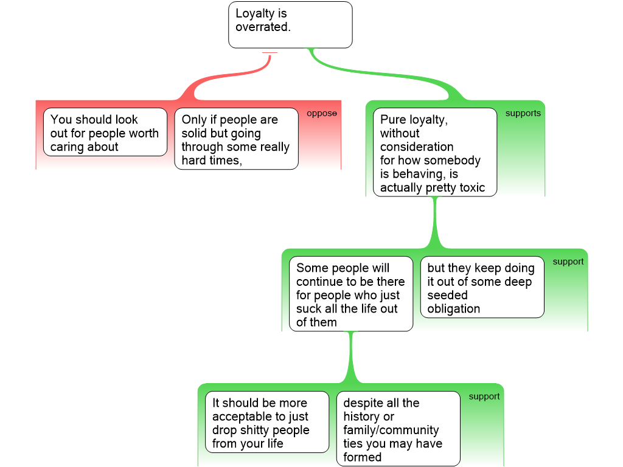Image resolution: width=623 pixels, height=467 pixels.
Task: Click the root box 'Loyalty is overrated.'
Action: (x=290, y=24)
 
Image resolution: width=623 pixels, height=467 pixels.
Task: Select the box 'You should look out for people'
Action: (x=105, y=132)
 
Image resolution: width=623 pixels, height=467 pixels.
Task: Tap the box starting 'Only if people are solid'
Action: (x=236, y=139)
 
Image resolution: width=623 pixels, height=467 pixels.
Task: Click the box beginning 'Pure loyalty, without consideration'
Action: (x=435, y=152)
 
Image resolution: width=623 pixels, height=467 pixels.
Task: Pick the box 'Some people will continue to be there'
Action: (x=351, y=295)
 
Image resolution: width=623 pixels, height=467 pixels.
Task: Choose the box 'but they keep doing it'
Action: (x=482, y=287)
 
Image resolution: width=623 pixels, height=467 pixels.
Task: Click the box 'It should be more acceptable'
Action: (x=267, y=423)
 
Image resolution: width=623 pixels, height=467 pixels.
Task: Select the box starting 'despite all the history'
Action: (x=399, y=429)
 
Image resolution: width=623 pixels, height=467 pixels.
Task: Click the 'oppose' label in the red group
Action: (x=321, y=114)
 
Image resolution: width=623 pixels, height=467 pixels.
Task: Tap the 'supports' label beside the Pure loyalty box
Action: (x=523, y=114)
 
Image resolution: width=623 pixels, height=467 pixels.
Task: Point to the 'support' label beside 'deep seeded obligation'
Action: (x=568, y=261)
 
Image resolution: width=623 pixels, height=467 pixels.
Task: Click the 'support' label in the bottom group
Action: (x=484, y=396)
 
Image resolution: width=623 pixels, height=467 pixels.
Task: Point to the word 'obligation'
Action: (x=453, y=309)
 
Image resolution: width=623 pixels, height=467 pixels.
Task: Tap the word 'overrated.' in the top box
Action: (x=263, y=27)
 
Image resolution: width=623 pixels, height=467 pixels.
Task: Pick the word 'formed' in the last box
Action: (x=362, y=457)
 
